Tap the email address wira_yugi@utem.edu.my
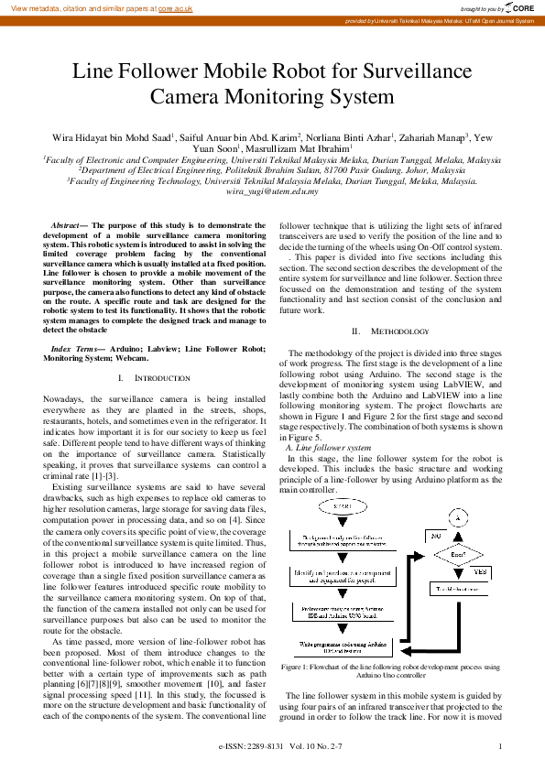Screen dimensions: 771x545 [271, 191]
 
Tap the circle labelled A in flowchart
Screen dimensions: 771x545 [461, 516]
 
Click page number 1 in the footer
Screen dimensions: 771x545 [500, 746]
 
